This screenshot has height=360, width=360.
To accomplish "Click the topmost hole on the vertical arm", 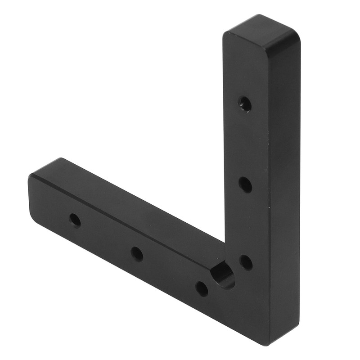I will coord(244,104).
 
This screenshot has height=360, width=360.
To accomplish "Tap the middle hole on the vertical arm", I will coord(245,184).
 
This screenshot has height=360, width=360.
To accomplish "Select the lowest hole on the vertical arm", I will coord(245,261).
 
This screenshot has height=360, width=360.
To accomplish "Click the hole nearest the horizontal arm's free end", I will coord(75,220).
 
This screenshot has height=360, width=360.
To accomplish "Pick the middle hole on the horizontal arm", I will coord(137,254).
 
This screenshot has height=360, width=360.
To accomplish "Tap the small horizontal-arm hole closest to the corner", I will coord(202,288).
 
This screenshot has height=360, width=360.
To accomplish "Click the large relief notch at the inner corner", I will coord(223,275).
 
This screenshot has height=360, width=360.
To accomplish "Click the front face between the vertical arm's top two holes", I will coord(245,144).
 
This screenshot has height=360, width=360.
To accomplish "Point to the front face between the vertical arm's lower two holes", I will coord(245,223).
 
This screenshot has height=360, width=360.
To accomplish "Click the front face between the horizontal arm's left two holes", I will coord(106,237).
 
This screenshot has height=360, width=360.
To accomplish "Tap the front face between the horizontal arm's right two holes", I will coord(170,271).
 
